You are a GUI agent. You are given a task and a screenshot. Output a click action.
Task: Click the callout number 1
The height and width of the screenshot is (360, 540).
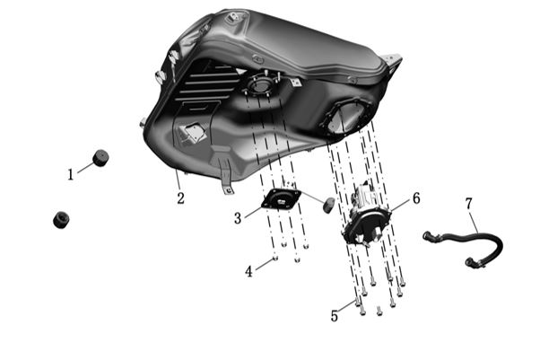pyautogui.click(x=71, y=175)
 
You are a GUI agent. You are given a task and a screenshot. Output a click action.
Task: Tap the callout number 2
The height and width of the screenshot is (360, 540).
pyautogui.click(x=181, y=198)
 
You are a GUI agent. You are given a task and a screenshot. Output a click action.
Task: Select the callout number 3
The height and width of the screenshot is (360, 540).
pyautogui.click(x=238, y=218)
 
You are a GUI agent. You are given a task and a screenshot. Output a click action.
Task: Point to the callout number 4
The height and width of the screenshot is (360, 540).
pyautogui.click(x=248, y=272)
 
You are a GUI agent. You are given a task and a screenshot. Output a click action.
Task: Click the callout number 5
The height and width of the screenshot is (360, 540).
pyautogui.click(x=335, y=316)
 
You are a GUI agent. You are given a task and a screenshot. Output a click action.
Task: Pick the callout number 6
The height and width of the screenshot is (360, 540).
pyautogui.click(x=416, y=198)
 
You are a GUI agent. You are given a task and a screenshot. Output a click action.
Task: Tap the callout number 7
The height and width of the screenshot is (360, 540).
pyautogui.click(x=469, y=204)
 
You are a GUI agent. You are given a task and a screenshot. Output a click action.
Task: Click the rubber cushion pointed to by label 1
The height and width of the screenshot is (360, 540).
pyautogui.click(x=100, y=158)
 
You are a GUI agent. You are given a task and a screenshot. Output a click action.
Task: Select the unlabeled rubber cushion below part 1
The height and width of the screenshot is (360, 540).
pyautogui.click(x=61, y=220)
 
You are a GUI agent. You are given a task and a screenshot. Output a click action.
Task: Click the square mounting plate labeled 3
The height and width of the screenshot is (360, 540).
pyautogui.click(x=281, y=198)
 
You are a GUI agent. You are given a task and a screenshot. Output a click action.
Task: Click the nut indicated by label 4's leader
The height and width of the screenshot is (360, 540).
pyautogui.click(x=274, y=258)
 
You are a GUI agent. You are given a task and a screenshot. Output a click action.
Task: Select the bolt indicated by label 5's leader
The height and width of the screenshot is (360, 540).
pyautogui.click(x=358, y=302)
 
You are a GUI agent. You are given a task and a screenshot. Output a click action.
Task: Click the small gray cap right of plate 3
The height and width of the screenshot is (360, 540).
pyautogui.click(x=328, y=205)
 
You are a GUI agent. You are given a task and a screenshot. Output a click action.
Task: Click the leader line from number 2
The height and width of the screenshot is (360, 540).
pyautogui.click(x=178, y=181)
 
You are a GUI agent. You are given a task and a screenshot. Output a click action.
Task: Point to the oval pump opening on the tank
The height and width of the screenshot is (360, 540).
pyautogui.click(x=346, y=118)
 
